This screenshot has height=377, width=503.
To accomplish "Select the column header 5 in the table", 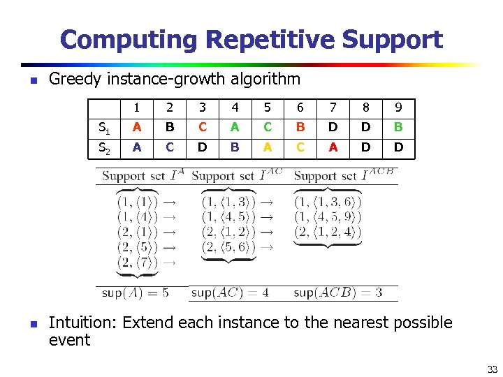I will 267,108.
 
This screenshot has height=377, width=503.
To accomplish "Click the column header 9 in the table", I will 398,108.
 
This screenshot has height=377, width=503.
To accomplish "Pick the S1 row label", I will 104,128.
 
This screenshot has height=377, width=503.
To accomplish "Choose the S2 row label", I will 104,148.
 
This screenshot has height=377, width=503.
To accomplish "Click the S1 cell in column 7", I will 333,127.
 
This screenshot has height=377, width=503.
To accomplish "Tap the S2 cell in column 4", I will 234,147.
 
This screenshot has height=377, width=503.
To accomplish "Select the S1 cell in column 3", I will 202,127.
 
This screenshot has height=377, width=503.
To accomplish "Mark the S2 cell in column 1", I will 137,147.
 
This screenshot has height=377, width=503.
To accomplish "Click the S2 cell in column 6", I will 300,147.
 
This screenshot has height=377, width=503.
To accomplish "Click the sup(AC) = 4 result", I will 230,293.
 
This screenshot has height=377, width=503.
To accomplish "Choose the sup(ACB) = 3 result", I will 337,293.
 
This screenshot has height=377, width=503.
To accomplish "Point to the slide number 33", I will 492,369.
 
